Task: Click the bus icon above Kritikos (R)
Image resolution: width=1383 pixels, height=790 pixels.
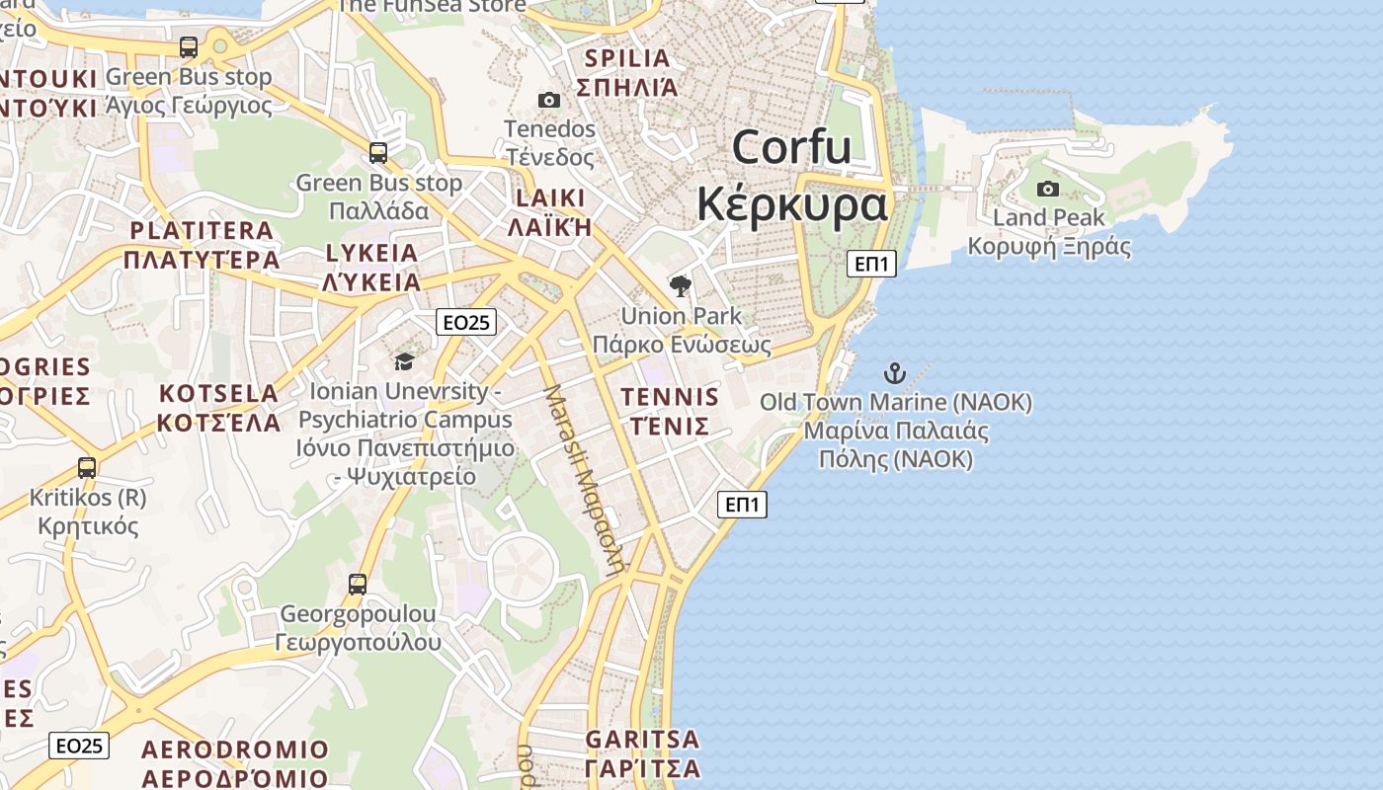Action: [87, 467]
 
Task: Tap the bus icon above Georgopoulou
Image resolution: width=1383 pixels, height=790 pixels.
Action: [358, 584]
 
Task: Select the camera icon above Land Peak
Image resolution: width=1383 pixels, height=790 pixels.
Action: [1048, 189]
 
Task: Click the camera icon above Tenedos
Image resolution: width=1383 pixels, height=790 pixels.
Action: [549, 100]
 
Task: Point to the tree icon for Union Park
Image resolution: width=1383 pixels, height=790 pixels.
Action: [680, 286]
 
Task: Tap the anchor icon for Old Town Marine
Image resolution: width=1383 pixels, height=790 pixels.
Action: [894, 373]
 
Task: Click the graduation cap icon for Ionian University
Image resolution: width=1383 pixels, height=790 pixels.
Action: [404, 361]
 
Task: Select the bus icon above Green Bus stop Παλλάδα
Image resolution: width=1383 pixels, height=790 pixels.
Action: [378, 153]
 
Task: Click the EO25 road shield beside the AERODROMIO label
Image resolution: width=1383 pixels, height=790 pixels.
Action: [79, 746]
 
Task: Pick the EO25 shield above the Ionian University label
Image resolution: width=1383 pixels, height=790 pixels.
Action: [466, 321]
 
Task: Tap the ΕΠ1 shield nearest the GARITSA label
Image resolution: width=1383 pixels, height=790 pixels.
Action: [742, 505]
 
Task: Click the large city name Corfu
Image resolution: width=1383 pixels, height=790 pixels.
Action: [791, 148]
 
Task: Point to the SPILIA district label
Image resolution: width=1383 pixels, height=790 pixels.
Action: [627, 58]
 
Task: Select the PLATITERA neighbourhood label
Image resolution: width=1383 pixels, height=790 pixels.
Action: [202, 231]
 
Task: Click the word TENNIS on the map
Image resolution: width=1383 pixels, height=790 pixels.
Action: [669, 397]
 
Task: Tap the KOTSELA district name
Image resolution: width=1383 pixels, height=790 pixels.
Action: [218, 393]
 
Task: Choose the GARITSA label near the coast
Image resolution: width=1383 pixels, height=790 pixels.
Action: [642, 739]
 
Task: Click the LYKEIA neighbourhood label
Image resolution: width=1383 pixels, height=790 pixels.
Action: [371, 253]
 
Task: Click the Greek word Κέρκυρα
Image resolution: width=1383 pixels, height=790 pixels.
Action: [791, 205]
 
